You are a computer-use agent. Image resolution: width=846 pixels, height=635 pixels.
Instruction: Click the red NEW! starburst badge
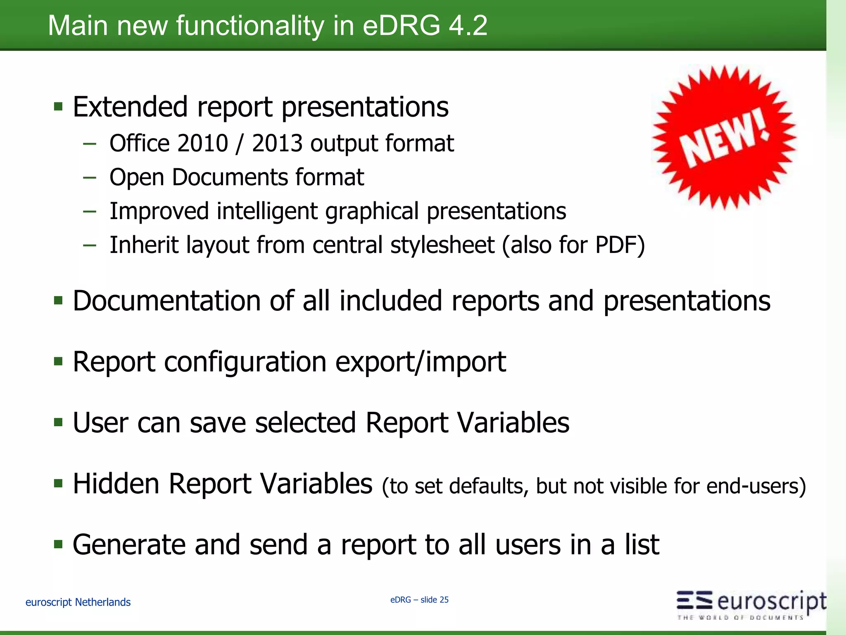tap(724, 138)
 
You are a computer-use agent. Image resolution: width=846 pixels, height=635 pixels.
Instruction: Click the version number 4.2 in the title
tap(468, 26)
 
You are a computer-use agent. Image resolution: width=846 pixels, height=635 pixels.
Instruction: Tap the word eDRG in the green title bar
tap(401, 26)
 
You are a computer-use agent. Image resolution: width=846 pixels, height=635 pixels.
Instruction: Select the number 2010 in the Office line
tap(203, 143)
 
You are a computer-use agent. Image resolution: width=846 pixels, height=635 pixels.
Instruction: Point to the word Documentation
tap(166, 301)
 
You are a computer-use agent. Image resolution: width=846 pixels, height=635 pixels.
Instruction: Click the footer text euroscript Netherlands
tap(78, 602)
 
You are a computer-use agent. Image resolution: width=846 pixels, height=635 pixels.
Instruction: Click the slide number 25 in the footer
tap(444, 600)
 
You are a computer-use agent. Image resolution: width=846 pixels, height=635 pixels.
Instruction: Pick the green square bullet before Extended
tap(58, 107)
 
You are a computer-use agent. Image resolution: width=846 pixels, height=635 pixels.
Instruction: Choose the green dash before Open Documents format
tap(90, 178)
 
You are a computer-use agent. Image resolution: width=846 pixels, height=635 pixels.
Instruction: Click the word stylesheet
tap(442, 245)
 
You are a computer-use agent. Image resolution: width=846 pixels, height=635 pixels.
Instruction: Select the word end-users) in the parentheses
tap(756, 486)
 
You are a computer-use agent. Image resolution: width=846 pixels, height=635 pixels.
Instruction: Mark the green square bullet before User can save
tap(58, 423)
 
